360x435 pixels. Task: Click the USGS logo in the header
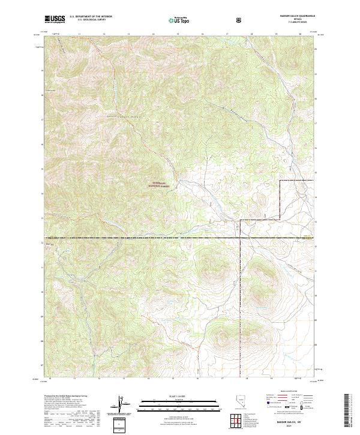coord(55,20)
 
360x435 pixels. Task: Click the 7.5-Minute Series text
coord(295,24)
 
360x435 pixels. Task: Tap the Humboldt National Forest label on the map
coord(157,186)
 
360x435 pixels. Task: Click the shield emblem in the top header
coord(240,20)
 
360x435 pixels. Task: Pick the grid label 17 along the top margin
coord(226,34)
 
